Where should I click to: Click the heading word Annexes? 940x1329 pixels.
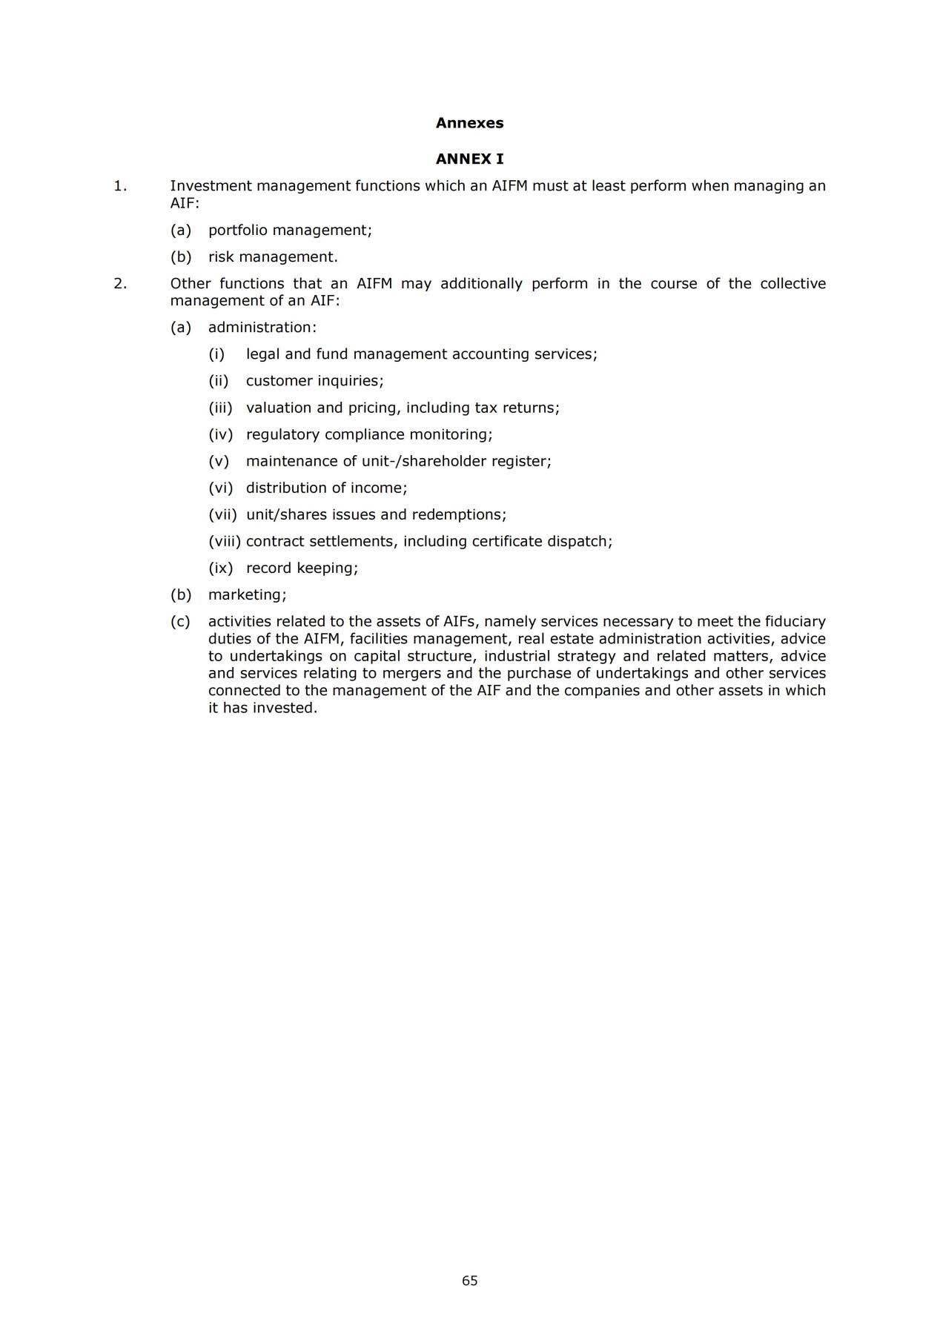pyautogui.click(x=469, y=123)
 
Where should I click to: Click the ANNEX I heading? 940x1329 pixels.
pyautogui.click(x=469, y=159)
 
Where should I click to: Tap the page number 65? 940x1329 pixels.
pyautogui.click(x=469, y=1280)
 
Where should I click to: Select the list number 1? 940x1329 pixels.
pyautogui.click(x=119, y=186)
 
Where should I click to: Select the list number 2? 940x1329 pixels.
pyautogui.click(x=119, y=283)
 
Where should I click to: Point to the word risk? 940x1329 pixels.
pyautogui.click(x=219, y=257)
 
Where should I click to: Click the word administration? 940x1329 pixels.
pyautogui.click(x=262, y=328)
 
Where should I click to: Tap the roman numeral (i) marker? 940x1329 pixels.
pyautogui.click(x=216, y=354)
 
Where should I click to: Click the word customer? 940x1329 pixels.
pyautogui.click(x=279, y=381)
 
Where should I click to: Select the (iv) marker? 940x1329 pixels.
pyautogui.click(x=220, y=434)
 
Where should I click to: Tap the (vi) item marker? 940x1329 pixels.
pyautogui.click(x=220, y=488)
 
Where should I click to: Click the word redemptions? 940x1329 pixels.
pyautogui.click(x=458, y=514)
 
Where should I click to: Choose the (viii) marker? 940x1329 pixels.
pyautogui.click(x=225, y=541)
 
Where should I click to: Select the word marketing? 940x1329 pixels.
pyautogui.click(x=247, y=594)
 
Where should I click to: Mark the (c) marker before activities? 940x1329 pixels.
pyautogui.click(x=180, y=621)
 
